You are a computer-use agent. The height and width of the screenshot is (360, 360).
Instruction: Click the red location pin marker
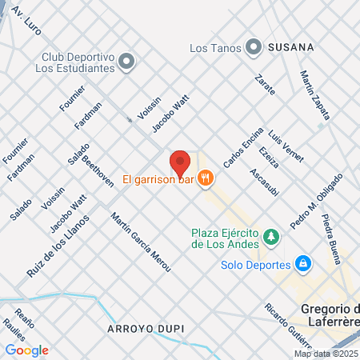coord(180,162)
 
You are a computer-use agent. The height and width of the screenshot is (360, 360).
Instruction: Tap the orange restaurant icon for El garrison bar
coord(206,179)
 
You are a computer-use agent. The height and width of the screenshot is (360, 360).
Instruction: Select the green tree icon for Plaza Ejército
coord(272,238)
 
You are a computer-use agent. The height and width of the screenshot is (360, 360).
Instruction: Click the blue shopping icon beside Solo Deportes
coord(302,263)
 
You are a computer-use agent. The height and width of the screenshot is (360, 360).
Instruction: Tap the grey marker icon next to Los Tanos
coord(254,47)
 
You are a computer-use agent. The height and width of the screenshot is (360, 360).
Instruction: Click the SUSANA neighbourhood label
coord(290,47)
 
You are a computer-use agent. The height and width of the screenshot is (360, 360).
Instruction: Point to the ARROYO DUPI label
coord(141,328)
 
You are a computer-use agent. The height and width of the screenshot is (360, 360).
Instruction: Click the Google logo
coord(27,350)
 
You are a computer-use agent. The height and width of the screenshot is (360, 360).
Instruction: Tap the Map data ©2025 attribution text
coord(326,354)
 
